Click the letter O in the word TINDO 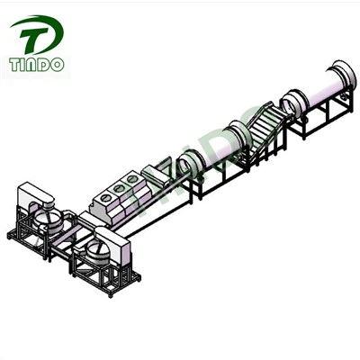57,65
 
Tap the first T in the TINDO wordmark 15,65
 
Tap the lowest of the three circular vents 105,198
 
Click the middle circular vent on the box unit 119,188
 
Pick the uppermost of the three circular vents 131,179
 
